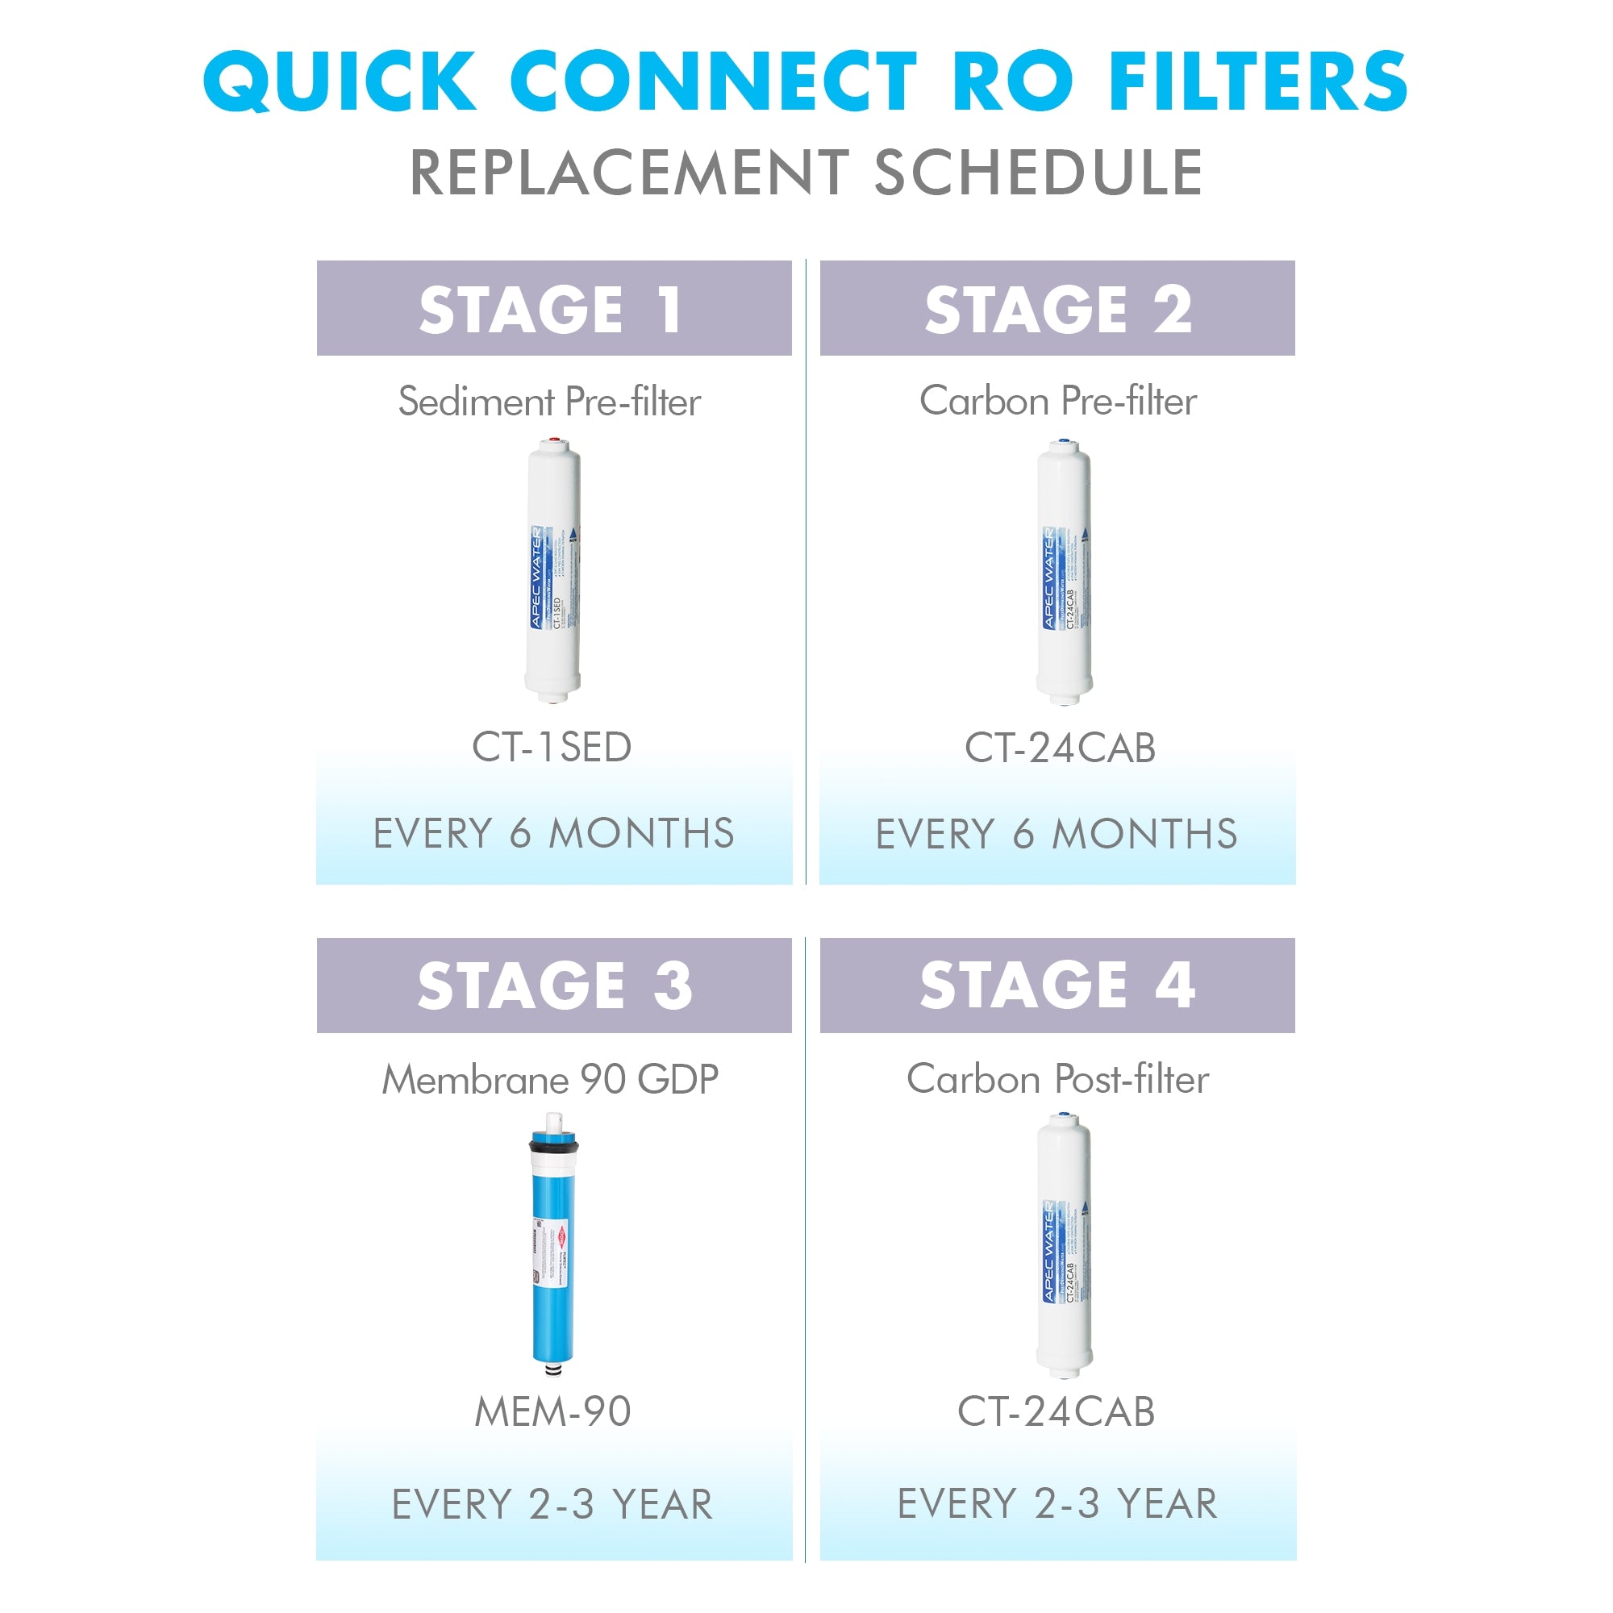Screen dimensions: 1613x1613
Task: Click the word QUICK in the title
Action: pyautogui.click(x=340, y=81)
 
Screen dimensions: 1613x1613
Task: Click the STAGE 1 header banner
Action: pyautogui.click(x=553, y=308)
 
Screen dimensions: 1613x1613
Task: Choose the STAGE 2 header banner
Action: pyautogui.click(x=1057, y=308)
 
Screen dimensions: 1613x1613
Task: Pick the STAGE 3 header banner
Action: pyautogui.click(x=553, y=986)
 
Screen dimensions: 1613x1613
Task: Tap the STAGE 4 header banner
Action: pyautogui.click(x=1057, y=986)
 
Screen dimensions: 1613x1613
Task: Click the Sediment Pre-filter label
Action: pyautogui.click(x=549, y=402)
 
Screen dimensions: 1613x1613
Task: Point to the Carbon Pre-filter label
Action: pyautogui.click(x=1058, y=401)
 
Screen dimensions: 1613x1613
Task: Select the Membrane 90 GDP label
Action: pyautogui.click(x=550, y=1080)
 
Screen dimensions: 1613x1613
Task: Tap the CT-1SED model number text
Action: pyautogui.click(x=552, y=748)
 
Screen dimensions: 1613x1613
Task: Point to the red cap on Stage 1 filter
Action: pyautogui.click(x=552, y=440)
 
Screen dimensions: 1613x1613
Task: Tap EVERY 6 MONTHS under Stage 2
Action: pyautogui.click(x=1057, y=834)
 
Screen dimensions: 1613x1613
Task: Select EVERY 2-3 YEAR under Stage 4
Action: pyautogui.click(x=1057, y=1503)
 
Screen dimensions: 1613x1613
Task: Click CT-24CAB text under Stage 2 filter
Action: pyautogui.click(x=1060, y=748)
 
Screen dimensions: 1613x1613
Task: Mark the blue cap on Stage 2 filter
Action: pyautogui.click(x=1062, y=441)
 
